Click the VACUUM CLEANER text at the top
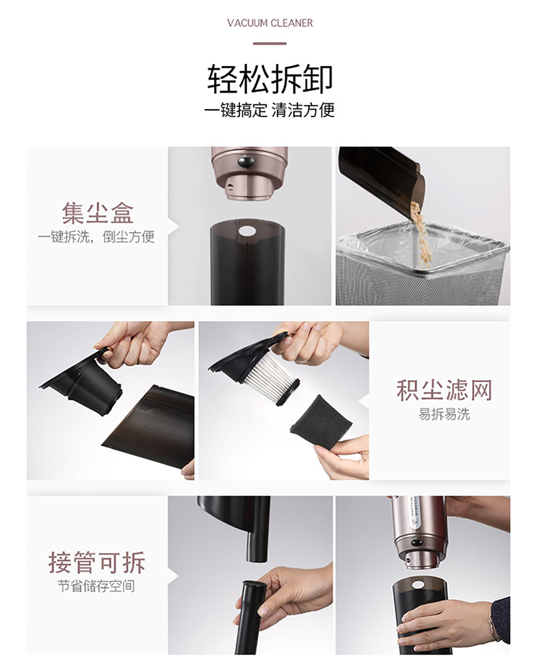point(270,23)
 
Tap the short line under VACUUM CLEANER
point(270,43)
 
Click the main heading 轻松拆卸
point(270,79)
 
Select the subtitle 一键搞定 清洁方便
point(269,111)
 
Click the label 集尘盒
point(98,213)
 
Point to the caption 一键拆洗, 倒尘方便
point(96,237)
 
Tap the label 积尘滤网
point(444,389)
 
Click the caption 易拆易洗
point(444,414)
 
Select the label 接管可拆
point(97,562)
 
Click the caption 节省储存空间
point(96,586)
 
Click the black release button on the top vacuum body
point(247,161)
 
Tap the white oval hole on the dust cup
point(247,231)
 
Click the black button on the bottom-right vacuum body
point(417,542)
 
